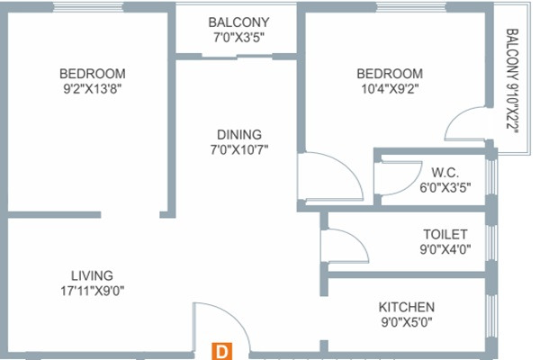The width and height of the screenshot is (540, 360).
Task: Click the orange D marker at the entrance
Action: (x=222, y=352)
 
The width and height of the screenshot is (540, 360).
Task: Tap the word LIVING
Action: (x=92, y=275)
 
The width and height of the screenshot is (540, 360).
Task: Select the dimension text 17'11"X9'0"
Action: (x=93, y=291)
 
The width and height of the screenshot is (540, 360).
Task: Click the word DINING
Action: (x=239, y=134)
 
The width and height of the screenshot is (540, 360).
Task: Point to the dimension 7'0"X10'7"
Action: (x=239, y=150)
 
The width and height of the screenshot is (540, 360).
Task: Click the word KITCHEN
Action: (x=407, y=307)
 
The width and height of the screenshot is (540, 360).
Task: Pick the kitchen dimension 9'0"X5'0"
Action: (x=407, y=322)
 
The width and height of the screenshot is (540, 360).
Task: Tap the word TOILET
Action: (x=445, y=234)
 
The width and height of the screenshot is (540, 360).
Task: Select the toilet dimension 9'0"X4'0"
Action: (x=445, y=249)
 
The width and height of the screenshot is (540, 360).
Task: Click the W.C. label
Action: (x=445, y=172)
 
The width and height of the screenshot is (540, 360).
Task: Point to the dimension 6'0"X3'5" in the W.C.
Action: (x=445, y=188)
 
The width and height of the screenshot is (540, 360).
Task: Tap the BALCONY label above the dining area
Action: (x=238, y=22)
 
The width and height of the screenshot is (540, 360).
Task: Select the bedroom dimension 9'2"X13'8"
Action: (x=93, y=89)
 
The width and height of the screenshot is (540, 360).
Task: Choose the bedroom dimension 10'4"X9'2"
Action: (x=390, y=89)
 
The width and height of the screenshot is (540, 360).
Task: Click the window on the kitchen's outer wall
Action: (x=491, y=316)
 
